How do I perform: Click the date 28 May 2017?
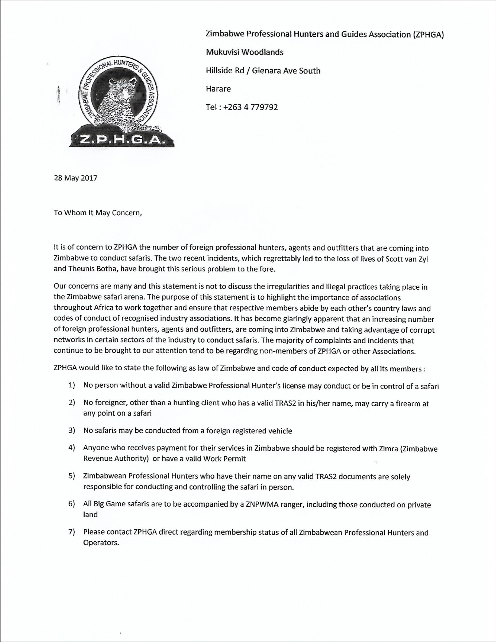coord(75,178)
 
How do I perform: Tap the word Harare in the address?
coord(218,89)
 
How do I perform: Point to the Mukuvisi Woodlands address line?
coord(244,52)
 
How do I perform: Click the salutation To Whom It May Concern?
coord(97,213)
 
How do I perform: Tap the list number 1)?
coord(71,385)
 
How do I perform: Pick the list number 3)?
coord(71,430)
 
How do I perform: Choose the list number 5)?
coord(71,476)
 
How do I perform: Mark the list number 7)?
coord(71,532)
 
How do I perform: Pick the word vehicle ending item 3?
coord(280,431)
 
